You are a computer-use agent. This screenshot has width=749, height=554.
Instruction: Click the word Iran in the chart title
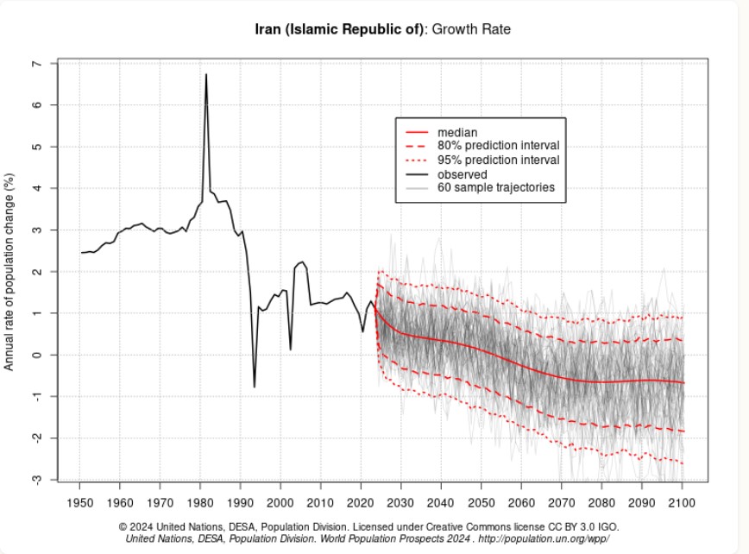click(x=268, y=29)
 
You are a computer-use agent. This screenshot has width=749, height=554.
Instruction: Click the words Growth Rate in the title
click(x=471, y=29)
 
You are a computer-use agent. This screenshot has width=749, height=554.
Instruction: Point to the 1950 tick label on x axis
click(x=79, y=503)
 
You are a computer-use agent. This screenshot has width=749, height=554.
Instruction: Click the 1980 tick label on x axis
click(x=200, y=503)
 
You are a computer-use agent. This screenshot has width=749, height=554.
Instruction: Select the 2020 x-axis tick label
click(x=361, y=503)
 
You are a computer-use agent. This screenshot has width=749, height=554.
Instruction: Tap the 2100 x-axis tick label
click(x=682, y=503)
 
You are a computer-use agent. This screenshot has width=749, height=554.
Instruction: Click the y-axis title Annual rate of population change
click(x=9, y=272)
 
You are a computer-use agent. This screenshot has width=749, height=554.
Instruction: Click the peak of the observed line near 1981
click(x=206, y=74)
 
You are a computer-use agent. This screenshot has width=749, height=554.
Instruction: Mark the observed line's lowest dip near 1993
click(x=254, y=387)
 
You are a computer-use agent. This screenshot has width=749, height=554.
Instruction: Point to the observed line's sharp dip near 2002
click(x=291, y=349)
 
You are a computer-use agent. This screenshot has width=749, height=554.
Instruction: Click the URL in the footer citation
click(x=544, y=538)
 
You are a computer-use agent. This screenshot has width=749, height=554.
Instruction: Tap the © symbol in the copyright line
click(x=123, y=527)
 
